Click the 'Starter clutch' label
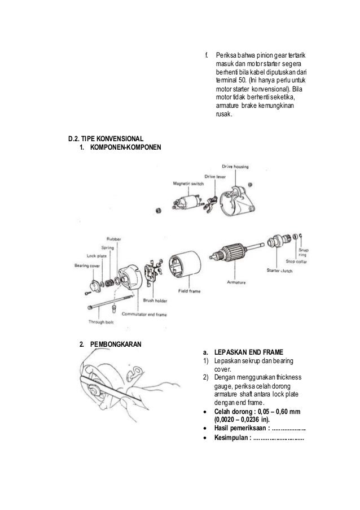[280, 271]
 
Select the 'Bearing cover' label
[86, 265]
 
